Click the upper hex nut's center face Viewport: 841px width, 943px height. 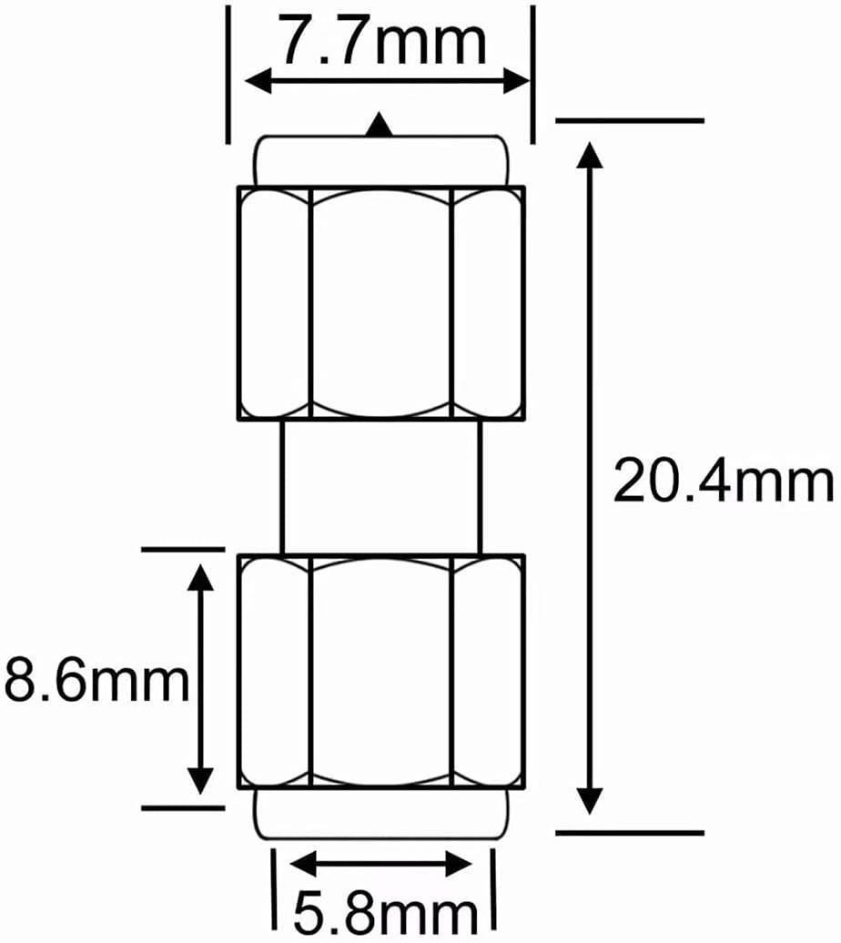[381, 302]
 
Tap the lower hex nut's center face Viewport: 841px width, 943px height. [381, 671]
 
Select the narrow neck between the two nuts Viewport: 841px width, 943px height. [381, 486]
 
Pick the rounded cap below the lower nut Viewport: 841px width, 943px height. [381, 813]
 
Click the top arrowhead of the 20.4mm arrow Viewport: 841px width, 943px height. [592, 155]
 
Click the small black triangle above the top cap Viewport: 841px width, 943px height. [381, 127]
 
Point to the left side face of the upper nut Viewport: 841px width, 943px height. [275, 302]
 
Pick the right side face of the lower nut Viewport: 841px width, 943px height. [488, 671]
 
